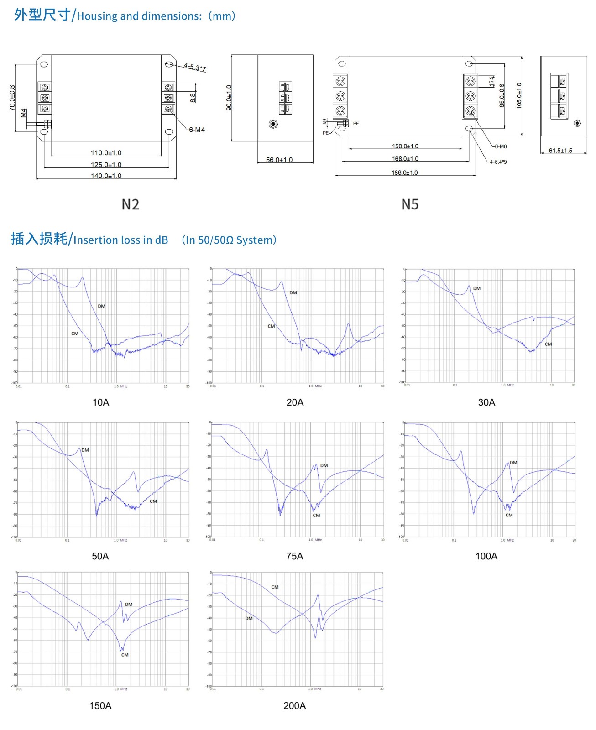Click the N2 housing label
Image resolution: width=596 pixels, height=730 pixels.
coord(130,204)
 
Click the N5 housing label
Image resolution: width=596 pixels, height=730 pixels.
coord(409,204)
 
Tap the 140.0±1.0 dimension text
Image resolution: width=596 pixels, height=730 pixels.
coord(106,176)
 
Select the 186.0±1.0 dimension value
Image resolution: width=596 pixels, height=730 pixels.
coord(404,173)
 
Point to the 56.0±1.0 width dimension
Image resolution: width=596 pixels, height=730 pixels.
coord(279,160)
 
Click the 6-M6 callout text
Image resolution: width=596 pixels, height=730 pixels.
coord(500,146)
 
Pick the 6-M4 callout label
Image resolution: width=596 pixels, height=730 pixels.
coord(197,130)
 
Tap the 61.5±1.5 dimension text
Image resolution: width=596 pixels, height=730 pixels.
coord(560,151)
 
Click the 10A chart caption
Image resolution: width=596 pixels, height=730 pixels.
coord(101,402)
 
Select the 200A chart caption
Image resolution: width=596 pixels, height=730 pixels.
coord(294,706)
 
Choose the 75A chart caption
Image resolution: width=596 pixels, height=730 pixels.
coord(294,556)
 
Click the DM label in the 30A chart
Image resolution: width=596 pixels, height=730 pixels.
coord(476,288)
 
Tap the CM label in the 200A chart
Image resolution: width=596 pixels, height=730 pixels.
coord(275,587)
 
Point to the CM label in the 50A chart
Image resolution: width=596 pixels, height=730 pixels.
coord(153,501)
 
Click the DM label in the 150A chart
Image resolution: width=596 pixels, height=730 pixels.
coord(129,605)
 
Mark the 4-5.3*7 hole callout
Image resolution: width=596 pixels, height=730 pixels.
coord(195,68)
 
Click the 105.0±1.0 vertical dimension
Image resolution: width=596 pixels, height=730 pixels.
coord(519,95)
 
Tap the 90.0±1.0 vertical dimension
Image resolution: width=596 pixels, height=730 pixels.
coord(229,97)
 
